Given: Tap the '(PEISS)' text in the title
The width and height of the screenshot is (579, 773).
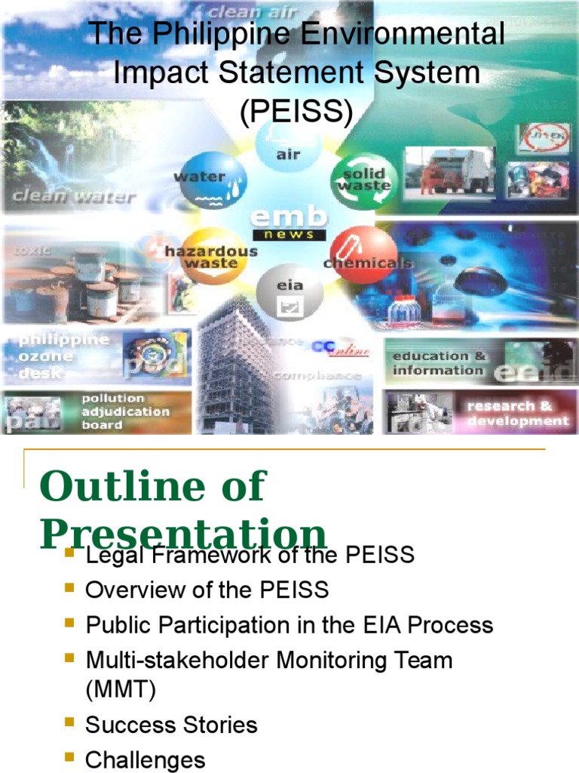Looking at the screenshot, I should [296, 112].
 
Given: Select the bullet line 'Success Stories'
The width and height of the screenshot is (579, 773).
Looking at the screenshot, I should [171, 725].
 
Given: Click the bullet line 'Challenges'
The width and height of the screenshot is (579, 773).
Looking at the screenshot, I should [145, 759].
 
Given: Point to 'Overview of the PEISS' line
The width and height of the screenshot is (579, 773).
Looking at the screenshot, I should [207, 590].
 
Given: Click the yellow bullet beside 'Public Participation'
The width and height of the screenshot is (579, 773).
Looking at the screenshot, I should [70, 624].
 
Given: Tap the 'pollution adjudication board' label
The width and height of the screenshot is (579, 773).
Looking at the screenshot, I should [125, 411].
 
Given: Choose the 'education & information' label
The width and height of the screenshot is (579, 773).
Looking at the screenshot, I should [439, 363].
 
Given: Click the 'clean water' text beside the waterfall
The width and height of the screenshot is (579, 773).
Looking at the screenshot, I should [72, 199].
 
